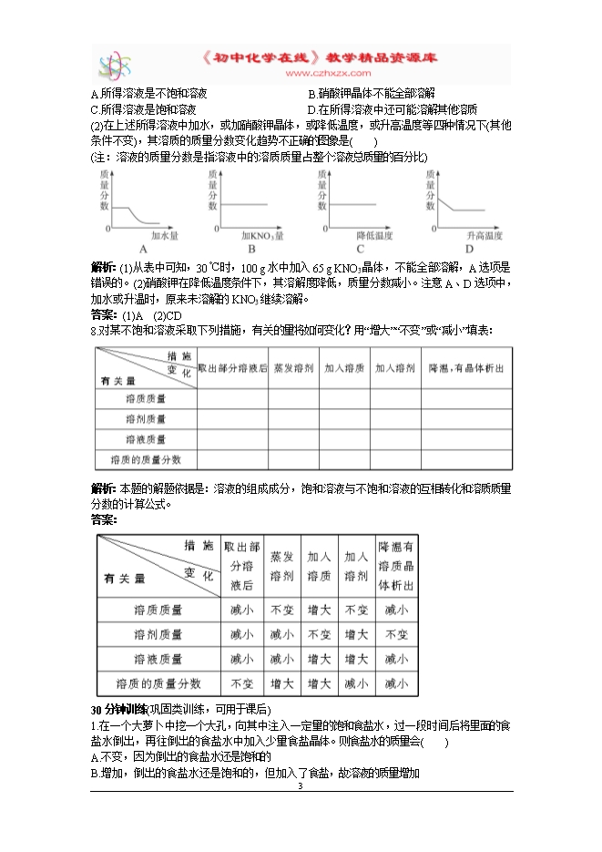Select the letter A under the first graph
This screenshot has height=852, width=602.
(x=143, y=250)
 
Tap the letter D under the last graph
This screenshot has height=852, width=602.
(x=470, y=250)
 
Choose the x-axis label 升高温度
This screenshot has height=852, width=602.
(x=484, y=235)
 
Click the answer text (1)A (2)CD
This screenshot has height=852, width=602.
(x=145, y=315)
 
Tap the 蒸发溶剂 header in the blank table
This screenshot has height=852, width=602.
(x=292, y=368)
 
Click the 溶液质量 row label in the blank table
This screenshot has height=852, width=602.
(x=146, y=439)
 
